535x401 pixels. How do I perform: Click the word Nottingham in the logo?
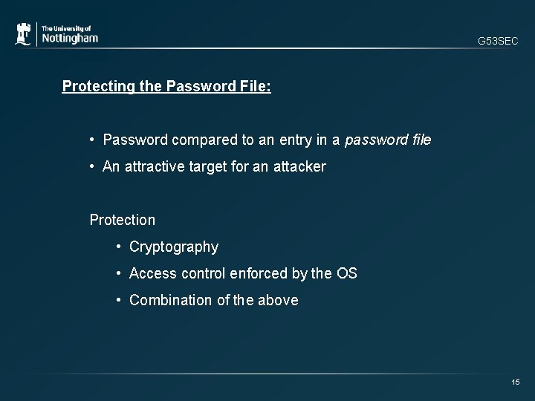point(69,38)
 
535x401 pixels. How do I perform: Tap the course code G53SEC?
point(498,42)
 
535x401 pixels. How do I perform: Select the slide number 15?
point(516,382)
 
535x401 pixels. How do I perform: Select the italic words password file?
point(388,140)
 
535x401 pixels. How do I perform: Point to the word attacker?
point(297,166)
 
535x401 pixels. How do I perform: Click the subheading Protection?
point(123,220)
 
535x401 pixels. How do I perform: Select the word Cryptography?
point(174,247)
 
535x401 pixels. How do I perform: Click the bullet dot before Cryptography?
point(119,247)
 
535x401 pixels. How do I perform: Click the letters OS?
point(347,273)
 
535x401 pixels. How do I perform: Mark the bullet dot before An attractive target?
point(93,166)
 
